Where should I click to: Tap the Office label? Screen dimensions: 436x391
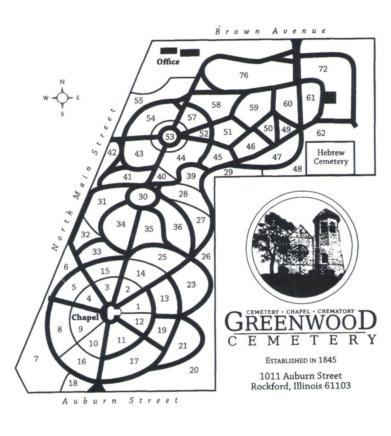point(168,62)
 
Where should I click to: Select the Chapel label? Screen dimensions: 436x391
point(85,317)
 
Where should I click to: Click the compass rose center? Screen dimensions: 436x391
point(62,98)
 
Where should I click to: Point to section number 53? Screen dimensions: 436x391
point(170,137)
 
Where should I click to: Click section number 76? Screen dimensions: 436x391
point(243,75)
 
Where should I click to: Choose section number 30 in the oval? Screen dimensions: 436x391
point(143,197)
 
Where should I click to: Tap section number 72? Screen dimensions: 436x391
point(323,69)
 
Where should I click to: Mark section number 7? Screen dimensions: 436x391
point(36,359)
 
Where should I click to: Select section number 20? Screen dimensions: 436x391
point(194,370)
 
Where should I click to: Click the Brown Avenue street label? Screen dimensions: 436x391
point(271,31)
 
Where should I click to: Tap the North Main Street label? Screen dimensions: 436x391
point(83,179)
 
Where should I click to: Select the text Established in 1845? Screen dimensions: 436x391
point(301,360)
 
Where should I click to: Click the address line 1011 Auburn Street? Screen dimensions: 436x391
point(301,376)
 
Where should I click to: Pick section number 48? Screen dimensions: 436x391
point(297,169)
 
